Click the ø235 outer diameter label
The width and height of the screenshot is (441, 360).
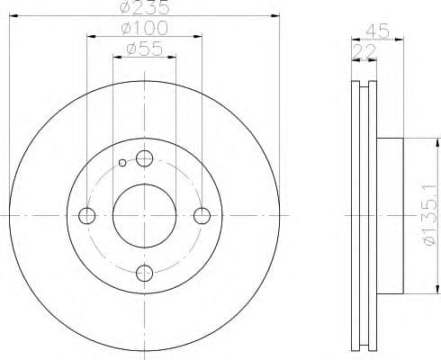pos(145,9)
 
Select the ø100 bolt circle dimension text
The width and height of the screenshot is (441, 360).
pos(144,29)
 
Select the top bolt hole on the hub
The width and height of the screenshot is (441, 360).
pos(144,160)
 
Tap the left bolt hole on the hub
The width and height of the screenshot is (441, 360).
pos(87,216)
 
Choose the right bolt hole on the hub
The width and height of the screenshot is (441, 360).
pos(202,216)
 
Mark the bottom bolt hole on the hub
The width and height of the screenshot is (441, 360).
pos(144,273)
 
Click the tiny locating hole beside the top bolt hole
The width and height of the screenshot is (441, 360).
pos(123,163)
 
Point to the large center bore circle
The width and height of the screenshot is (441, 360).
pos(144,216)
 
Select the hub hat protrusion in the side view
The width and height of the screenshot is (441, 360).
pos(391,216)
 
